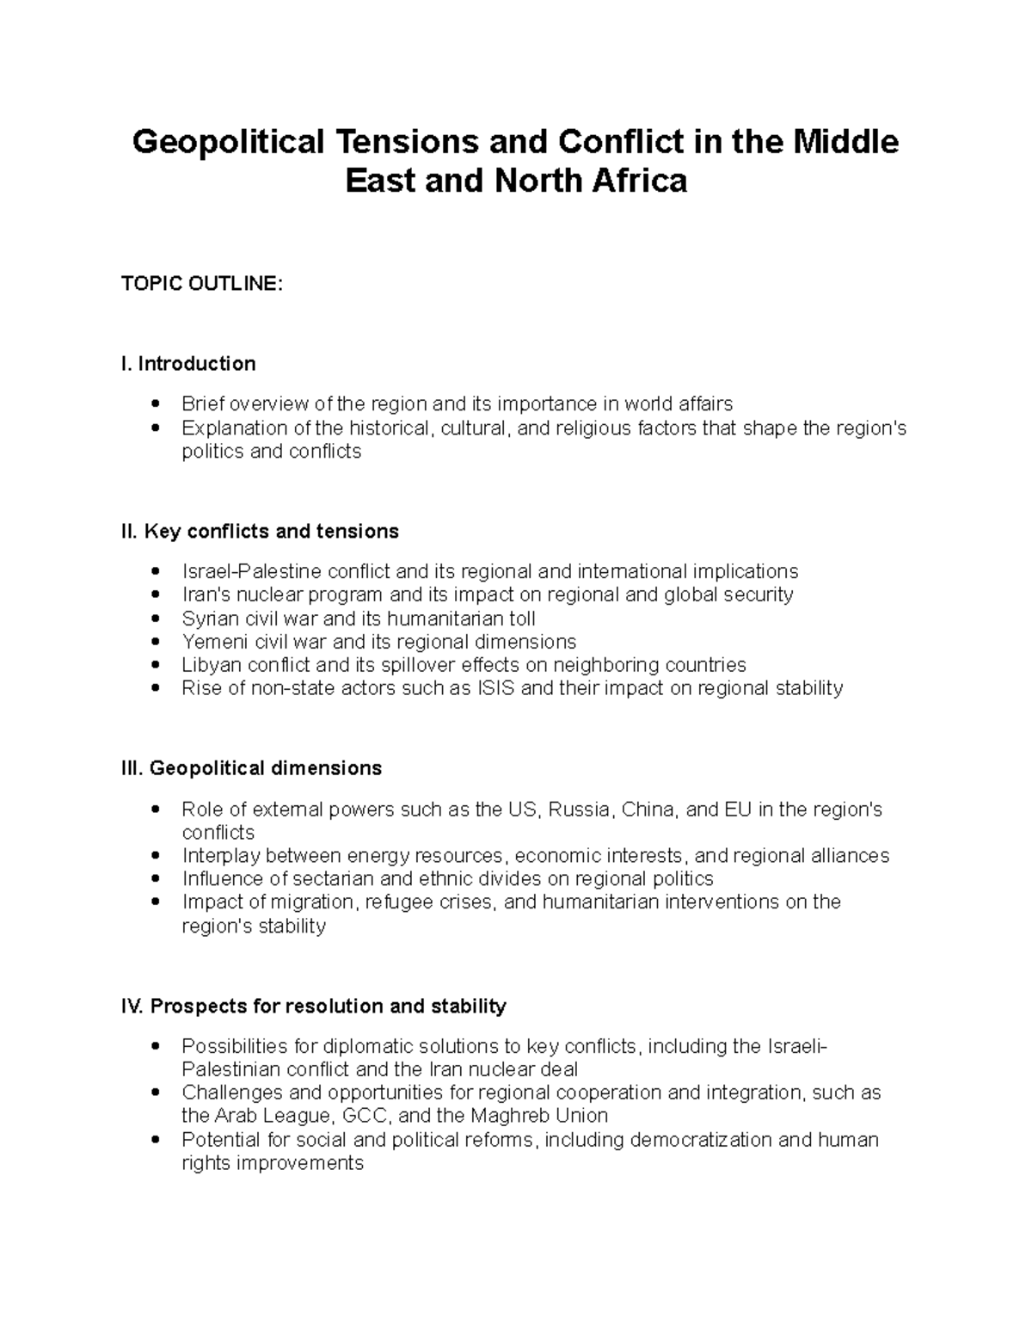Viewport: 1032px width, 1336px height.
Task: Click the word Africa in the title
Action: point(637,182)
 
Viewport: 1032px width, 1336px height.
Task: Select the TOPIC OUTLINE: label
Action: point(201,284)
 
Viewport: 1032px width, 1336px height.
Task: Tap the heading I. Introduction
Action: point(188,364)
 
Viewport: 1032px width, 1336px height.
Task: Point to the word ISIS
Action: point(496,688)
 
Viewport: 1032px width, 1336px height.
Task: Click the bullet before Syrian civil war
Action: point(155,619)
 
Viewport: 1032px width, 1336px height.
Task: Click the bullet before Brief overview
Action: point(155,403)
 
